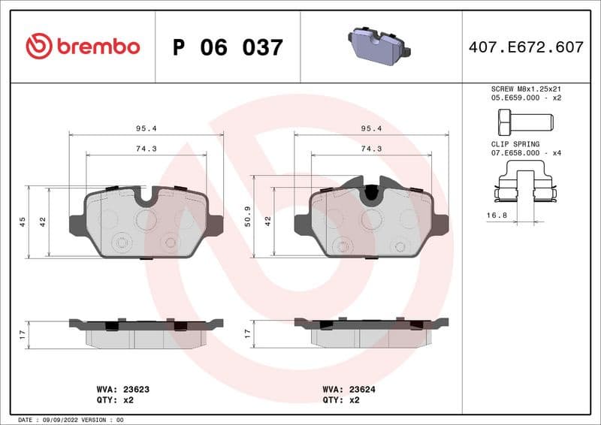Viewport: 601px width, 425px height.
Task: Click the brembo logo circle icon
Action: pos(38,47)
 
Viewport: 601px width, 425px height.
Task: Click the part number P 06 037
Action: pos(228,47)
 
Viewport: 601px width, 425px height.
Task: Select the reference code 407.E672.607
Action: pos(525,47)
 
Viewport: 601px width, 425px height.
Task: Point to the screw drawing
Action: pos(524,120)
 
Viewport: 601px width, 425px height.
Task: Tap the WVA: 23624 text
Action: pos(349,390)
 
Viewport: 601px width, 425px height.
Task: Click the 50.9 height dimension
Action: pos(247,218)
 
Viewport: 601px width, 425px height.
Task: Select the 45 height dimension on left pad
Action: pos(23,222)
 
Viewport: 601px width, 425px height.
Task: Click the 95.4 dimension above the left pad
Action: pos(146,128)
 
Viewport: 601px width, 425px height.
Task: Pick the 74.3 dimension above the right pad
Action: pos(372,149)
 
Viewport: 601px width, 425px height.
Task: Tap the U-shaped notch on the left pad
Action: pos(146,197)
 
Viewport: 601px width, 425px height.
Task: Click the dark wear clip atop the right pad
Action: pos(370,191)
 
